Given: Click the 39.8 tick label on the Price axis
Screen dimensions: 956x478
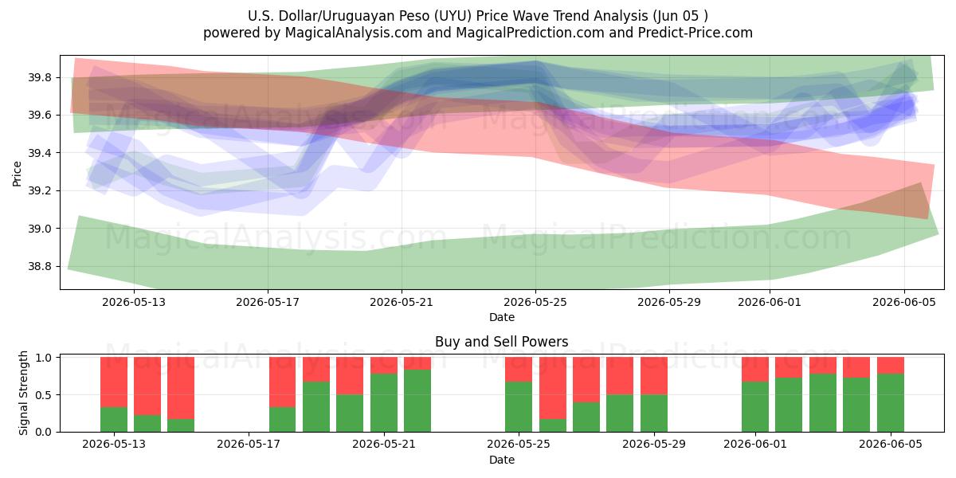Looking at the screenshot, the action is coord(39,78).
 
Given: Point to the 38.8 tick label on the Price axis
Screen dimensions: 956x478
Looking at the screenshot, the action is coord(39,267).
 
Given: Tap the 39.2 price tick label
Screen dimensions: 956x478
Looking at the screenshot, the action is coord(39,190).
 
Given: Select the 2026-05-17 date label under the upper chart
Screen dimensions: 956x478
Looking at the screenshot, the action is coord(268,302).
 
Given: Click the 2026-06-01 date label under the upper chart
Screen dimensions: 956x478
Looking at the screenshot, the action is coord(770,302).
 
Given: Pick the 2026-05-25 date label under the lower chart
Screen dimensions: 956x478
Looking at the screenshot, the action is coord(519,445).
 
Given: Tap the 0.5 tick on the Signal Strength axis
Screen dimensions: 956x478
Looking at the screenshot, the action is coord(43,395).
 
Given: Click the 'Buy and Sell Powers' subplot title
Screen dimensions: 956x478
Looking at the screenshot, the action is coord(501,342).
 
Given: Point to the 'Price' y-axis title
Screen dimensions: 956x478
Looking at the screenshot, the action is coord(17,174).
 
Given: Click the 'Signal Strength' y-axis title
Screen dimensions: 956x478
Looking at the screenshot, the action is coord(23,393).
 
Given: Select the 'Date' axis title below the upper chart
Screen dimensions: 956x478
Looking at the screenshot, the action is coord(501,318).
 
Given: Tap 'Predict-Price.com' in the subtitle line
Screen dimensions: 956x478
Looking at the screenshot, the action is coord(695,33).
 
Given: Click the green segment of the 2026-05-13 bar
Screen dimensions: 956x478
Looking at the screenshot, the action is coord(114,420).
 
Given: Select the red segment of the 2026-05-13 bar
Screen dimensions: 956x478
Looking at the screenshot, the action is coord(114,382).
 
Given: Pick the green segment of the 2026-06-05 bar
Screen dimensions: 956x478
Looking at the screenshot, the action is coord(891,403).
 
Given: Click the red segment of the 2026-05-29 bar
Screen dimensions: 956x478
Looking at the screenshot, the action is coord(654,376).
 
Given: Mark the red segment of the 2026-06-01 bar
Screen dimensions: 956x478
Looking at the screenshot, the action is coord(755,370).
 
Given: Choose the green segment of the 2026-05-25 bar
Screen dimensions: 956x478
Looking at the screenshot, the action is coord(519,407).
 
